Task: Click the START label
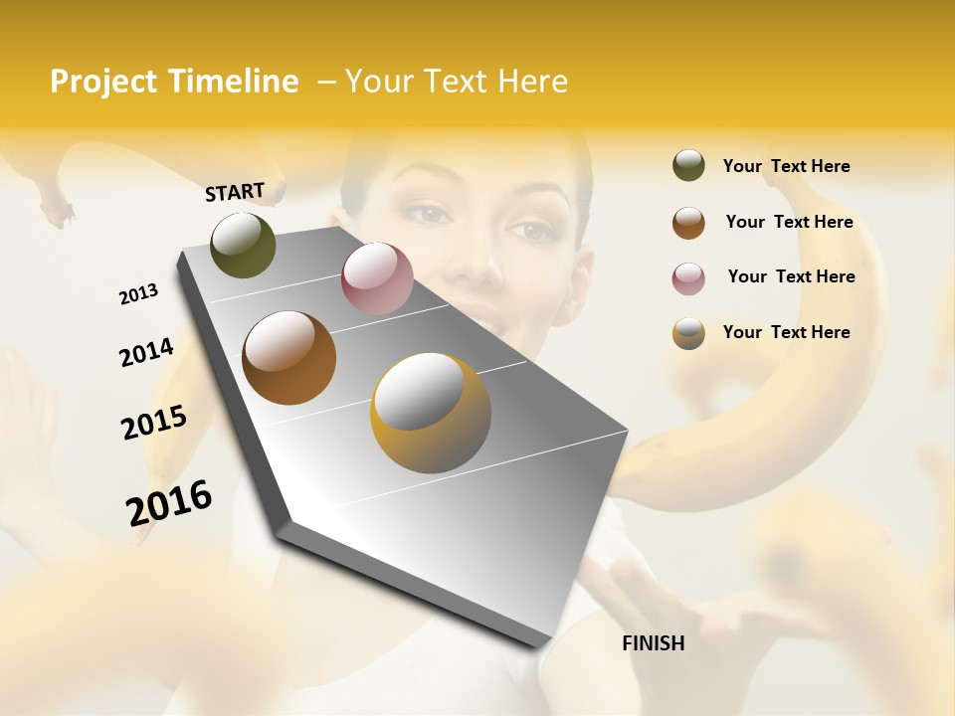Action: click(x=235, y=192)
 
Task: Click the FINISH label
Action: click(x=653, y=643)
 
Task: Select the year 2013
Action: click(x=138, y=294)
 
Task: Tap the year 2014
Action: click(x=146, y=353)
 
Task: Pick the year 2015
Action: click(x=154, y=423)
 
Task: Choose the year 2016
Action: click(x=169, y=503)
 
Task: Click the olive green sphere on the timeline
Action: click(x=243, y=245)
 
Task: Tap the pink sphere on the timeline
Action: click(x=377, y=278)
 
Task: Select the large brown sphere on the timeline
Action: click(x=288, y=358)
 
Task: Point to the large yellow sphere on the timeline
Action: click(x=431, y=413)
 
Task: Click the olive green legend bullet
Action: click(x=688, y=166)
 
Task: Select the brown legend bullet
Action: click(x=688, y=223)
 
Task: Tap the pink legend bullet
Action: click(x=688, y=278)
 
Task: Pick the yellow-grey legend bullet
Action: click(x=688, y=333)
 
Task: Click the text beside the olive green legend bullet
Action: click(x=786, y=166)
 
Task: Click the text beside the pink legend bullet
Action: click(x=791, y=276)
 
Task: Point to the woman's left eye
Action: click(x=534, y=231)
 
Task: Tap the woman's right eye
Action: click(x=426, y=212)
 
